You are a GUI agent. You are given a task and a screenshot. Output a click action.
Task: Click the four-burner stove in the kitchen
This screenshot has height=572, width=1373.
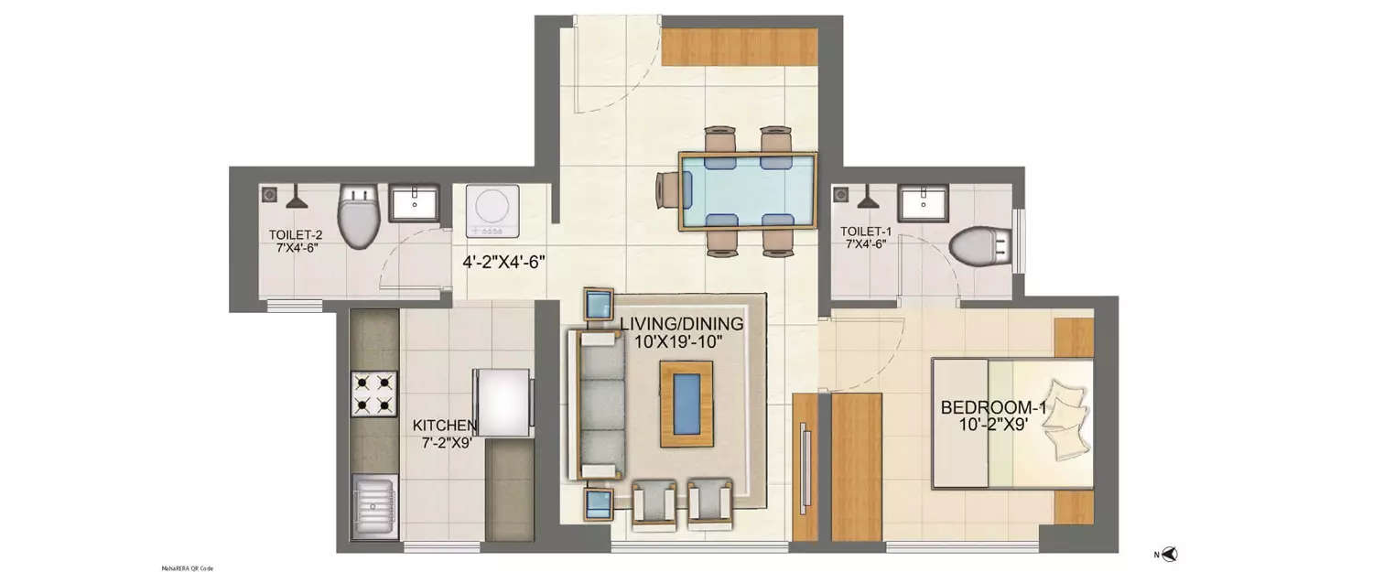[374, 394]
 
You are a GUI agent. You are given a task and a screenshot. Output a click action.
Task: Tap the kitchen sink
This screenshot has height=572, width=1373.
[373, 502]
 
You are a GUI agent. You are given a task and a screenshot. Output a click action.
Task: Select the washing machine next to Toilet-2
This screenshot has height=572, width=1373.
[492, 208]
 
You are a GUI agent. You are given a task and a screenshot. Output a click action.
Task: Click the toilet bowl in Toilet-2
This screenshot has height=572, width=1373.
[357, 216]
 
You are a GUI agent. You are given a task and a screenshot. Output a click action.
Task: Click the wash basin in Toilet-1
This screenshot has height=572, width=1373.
[926, 203]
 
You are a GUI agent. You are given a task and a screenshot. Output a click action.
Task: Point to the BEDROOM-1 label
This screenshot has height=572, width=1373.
[994, 416]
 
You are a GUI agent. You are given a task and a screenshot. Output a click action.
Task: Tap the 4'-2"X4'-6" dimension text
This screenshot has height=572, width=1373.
[503, 262]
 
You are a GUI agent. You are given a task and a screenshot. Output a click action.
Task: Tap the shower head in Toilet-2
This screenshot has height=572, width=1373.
[297, 196]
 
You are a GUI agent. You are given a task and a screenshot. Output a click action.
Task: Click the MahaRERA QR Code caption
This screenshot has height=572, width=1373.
[188, 567]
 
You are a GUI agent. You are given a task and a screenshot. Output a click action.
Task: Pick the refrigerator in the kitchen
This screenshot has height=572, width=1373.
[502, 402]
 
